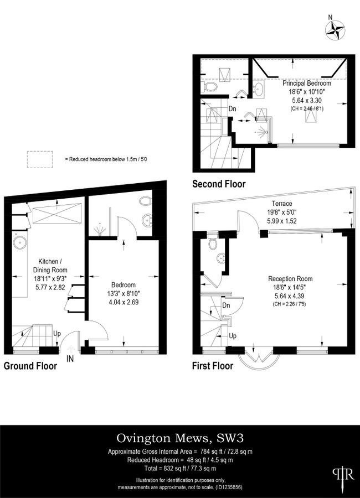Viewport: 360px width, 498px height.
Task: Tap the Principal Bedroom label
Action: point(307,83)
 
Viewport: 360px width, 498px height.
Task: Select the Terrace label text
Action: point(282,203)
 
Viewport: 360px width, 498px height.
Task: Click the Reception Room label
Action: point(290,279)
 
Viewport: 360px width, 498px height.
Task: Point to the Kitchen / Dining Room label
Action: point(50,266)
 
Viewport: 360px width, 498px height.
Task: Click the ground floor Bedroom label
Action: point(124,285)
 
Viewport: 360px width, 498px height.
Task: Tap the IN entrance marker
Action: point(70,359)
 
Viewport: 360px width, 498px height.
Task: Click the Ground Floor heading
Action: point(30,366)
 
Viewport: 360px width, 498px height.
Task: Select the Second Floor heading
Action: point(219,184)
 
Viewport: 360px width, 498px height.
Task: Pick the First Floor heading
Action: point(213,366)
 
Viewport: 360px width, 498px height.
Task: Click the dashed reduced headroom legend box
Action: point(40,159)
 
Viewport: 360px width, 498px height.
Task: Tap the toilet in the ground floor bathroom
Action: point(145,201)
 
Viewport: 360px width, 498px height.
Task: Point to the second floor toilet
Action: point(210,86)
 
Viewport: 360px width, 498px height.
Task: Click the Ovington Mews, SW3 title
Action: point(180,438)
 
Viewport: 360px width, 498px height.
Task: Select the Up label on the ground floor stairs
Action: point(57,334)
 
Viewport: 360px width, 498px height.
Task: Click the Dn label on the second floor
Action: point(233,108)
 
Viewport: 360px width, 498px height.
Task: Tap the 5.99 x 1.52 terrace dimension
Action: point(281,221)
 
